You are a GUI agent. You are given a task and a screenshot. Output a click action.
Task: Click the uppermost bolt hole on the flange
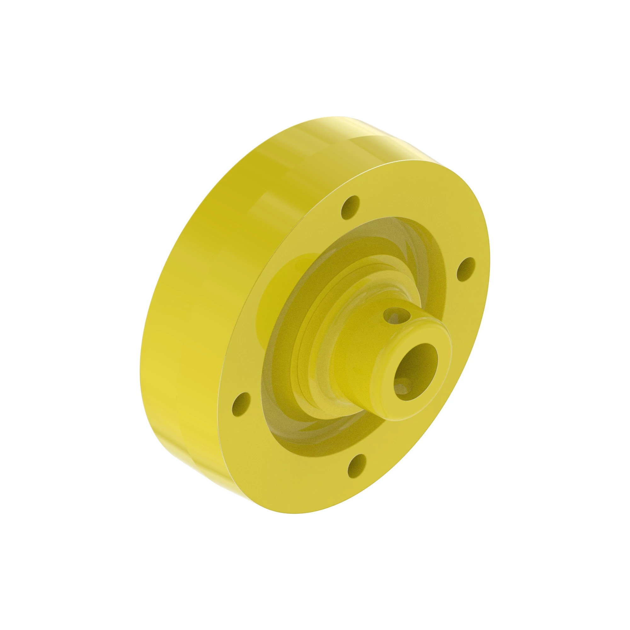point(350,207)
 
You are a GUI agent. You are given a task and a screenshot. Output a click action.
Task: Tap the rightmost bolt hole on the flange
point(467,269)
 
